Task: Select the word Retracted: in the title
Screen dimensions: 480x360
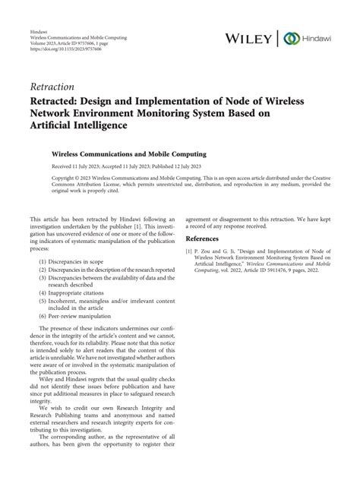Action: (x=60, y=103)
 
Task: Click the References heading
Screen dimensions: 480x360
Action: (x=206, y=236)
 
